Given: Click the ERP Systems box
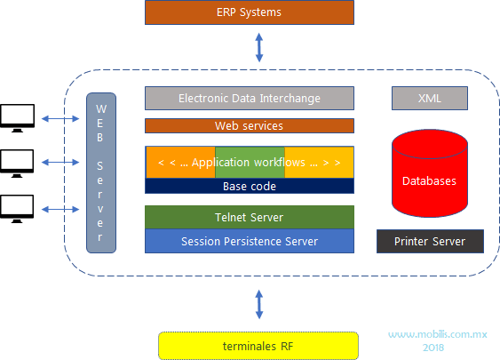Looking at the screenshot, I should (249, 12).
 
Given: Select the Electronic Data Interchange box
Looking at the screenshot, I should (249, 98).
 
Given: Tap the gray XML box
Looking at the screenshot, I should (429, 98).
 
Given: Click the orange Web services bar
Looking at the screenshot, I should (249, 126).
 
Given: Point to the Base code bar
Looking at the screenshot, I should (249, 187).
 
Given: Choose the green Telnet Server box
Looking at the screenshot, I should (249, 217).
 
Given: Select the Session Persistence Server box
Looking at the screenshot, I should (249, 241).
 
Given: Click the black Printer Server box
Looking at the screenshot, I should (429, 241).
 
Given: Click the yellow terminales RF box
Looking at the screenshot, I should (258, 345).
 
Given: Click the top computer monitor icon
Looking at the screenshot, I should (18, 116).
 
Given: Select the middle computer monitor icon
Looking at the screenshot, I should (18, 162).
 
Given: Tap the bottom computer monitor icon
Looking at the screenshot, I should (18, 207).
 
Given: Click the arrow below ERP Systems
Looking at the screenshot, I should (259, 47).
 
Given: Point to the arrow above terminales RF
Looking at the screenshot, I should (259, 305).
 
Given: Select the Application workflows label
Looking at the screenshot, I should (249, 163).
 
